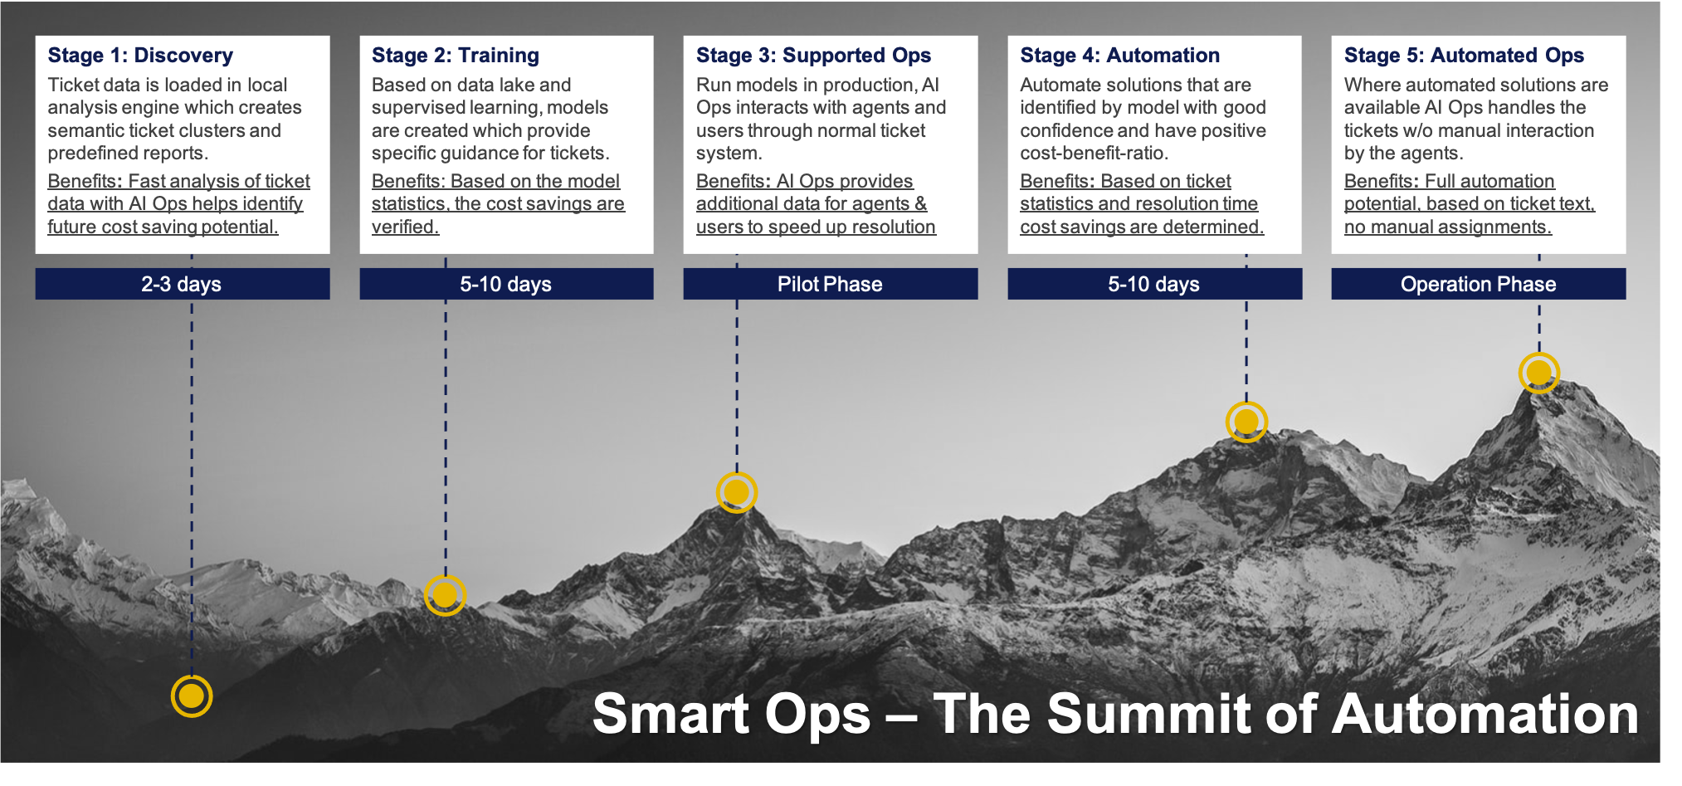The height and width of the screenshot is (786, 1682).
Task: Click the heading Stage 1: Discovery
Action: (140, 56)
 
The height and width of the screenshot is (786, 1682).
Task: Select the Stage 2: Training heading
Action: (456, 56)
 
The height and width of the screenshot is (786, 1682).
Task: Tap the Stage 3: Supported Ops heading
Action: (813, 56)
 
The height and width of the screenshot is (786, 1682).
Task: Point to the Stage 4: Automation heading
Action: (1119, 56)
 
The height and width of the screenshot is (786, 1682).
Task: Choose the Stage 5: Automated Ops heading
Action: (1464, 56)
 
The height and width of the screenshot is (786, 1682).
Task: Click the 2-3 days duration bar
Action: (182, 284)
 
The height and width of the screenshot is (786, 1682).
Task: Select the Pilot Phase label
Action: (830, 284)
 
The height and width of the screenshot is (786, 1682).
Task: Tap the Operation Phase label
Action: (1478, 284)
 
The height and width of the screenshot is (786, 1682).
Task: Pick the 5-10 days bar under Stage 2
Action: (506, 284)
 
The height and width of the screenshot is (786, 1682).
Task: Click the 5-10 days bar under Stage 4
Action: (1154, 284)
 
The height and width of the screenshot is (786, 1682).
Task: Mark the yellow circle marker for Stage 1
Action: (192, 696)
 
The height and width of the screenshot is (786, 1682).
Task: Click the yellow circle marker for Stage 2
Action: (445, 594)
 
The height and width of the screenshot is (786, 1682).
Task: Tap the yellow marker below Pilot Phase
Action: (737, 492)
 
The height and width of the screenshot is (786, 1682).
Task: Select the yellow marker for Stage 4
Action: (1246, 422)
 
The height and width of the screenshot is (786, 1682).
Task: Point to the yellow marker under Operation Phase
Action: (1539, 373)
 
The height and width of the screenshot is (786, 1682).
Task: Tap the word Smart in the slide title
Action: (671, 714)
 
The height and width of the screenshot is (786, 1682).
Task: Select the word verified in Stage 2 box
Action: (405, 227)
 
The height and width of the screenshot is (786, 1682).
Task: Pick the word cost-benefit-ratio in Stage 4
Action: (1094, 154)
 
